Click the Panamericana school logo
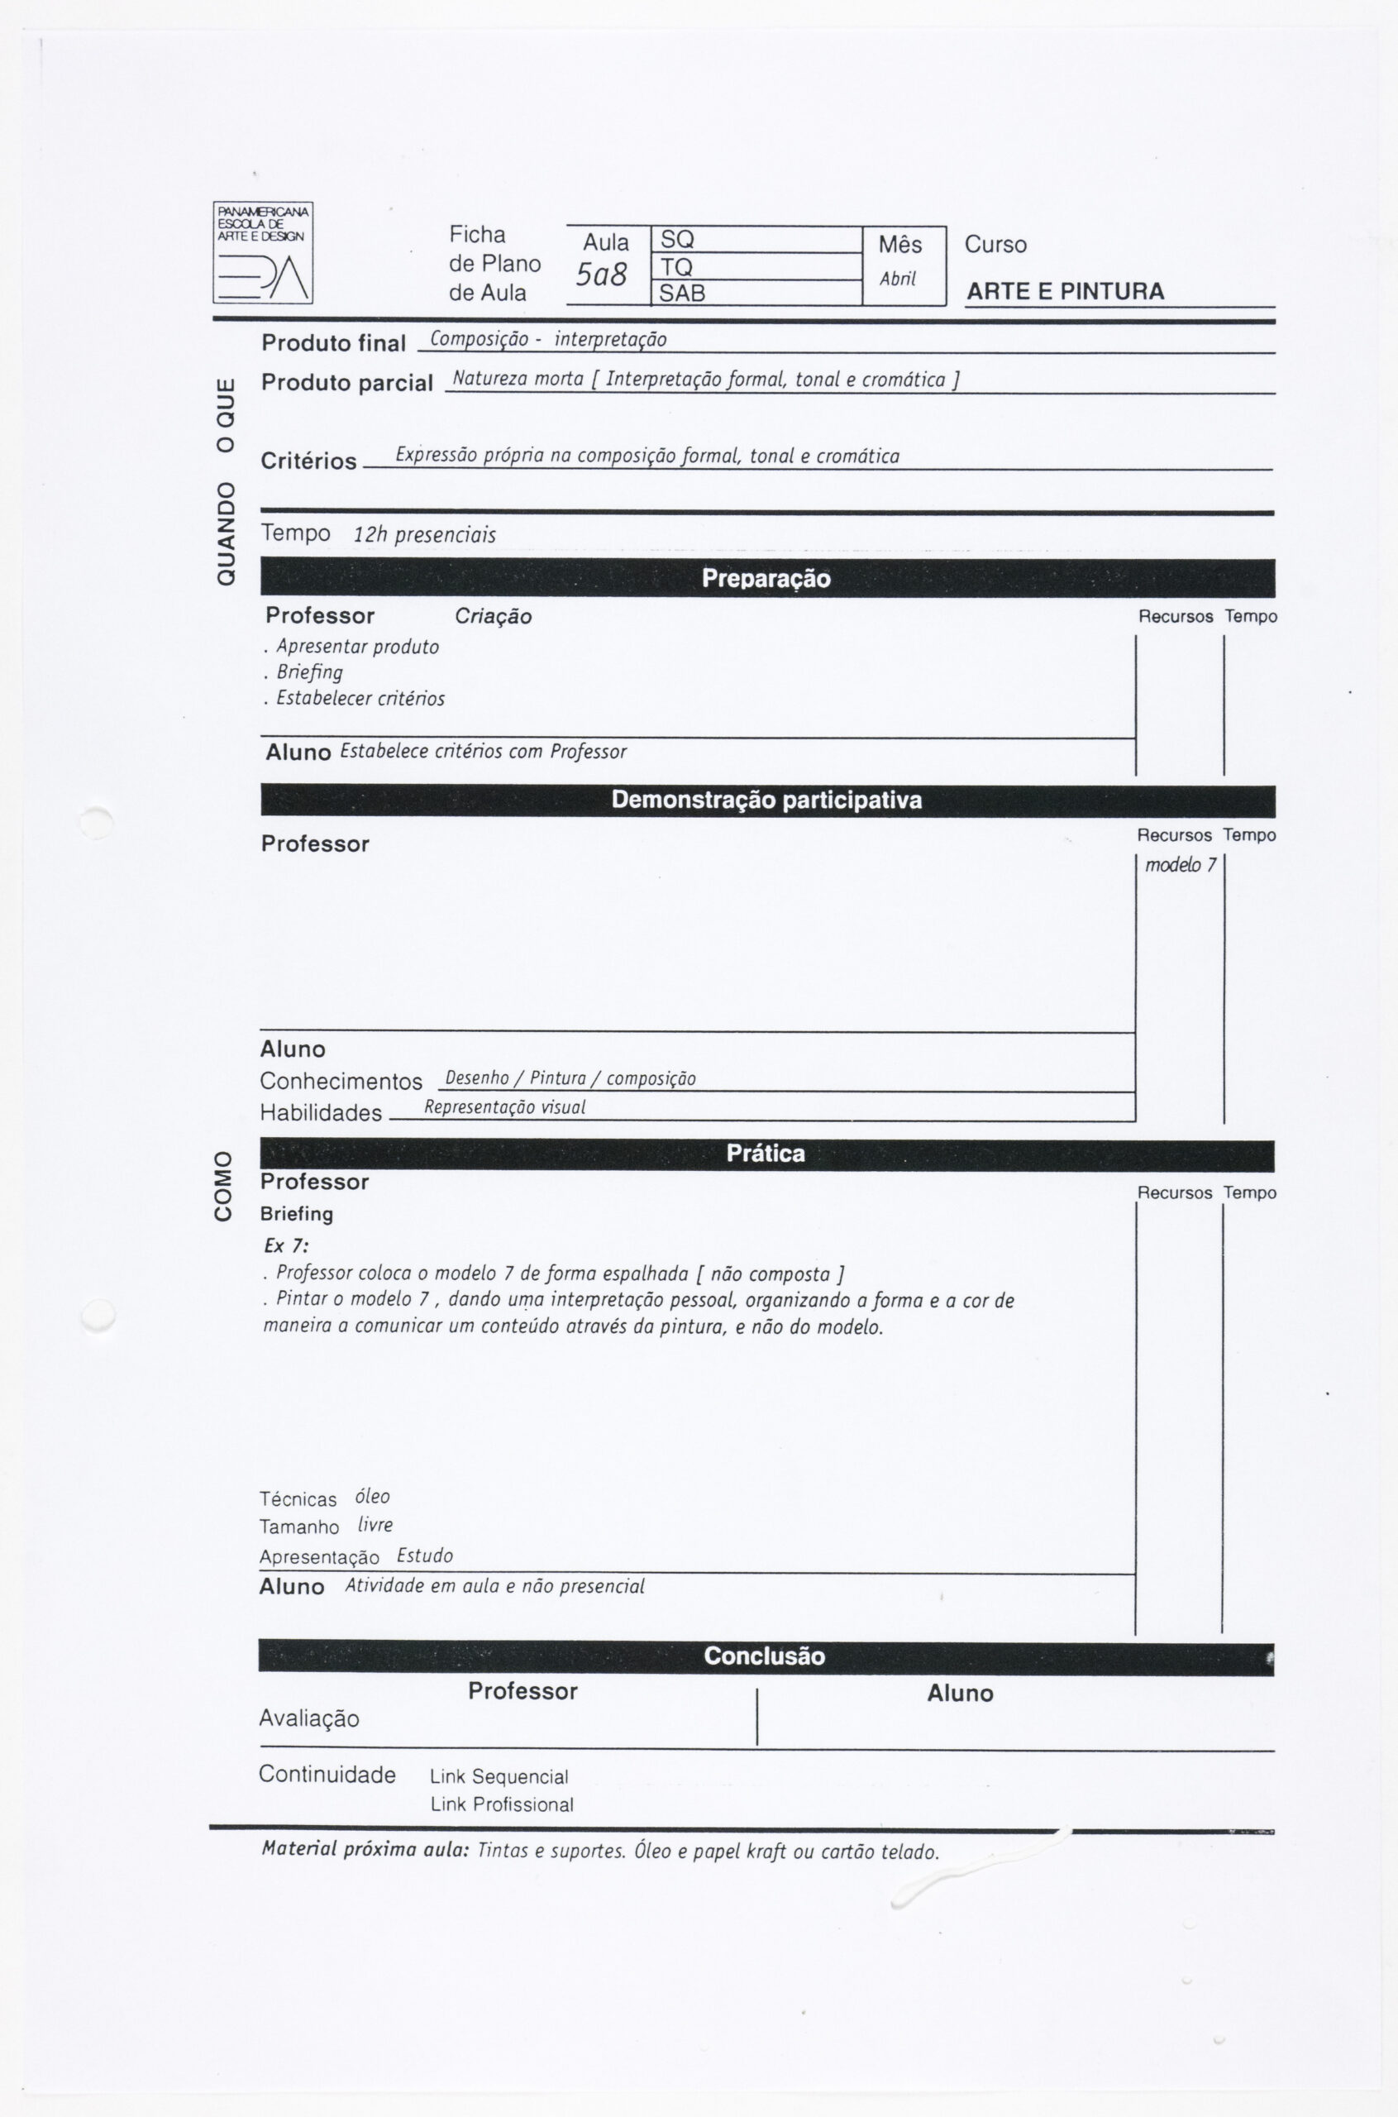coord(262,252)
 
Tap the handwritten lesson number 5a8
coord(601,275)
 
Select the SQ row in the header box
coord(756,240)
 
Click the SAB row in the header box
coord(756,294)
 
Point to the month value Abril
coord(898,280)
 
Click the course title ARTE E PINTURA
coord(1065,292)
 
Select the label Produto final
coord(333,343)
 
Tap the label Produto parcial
coord(347,383)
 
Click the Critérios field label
coord(308,461)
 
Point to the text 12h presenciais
coord(424,535)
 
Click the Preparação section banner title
coord(766,579)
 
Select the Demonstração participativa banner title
coord(766,800)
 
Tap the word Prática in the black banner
coord(765,1154)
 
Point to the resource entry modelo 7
coord(1181,865)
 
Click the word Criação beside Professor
coord(493,616)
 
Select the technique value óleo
coord(372,1496)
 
